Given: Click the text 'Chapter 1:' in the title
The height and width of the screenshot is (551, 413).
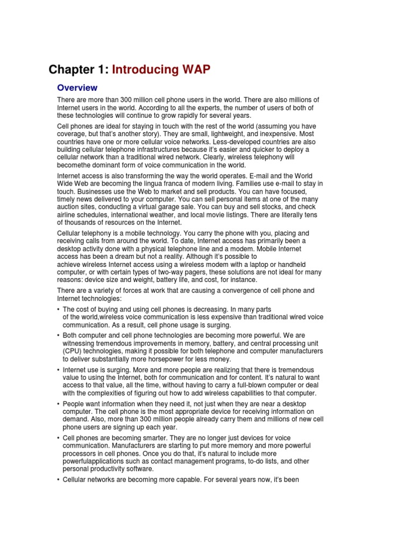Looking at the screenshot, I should [x=78, y=69].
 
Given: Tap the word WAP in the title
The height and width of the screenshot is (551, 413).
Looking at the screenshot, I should [x=193, y=69].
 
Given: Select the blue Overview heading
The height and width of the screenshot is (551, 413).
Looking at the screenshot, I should [x=77, y=88].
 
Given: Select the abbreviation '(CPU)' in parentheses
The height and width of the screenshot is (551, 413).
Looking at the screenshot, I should [x=72, y=351].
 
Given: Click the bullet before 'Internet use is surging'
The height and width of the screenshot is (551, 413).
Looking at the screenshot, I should [x=58, y=370].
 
